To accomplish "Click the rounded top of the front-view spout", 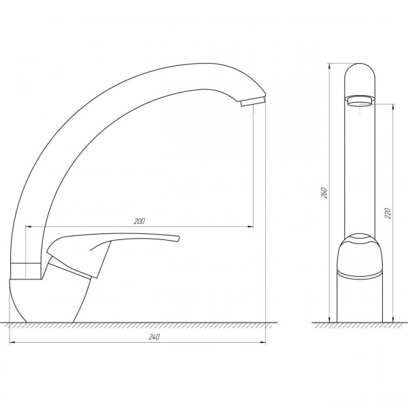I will (x=360, y=72).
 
